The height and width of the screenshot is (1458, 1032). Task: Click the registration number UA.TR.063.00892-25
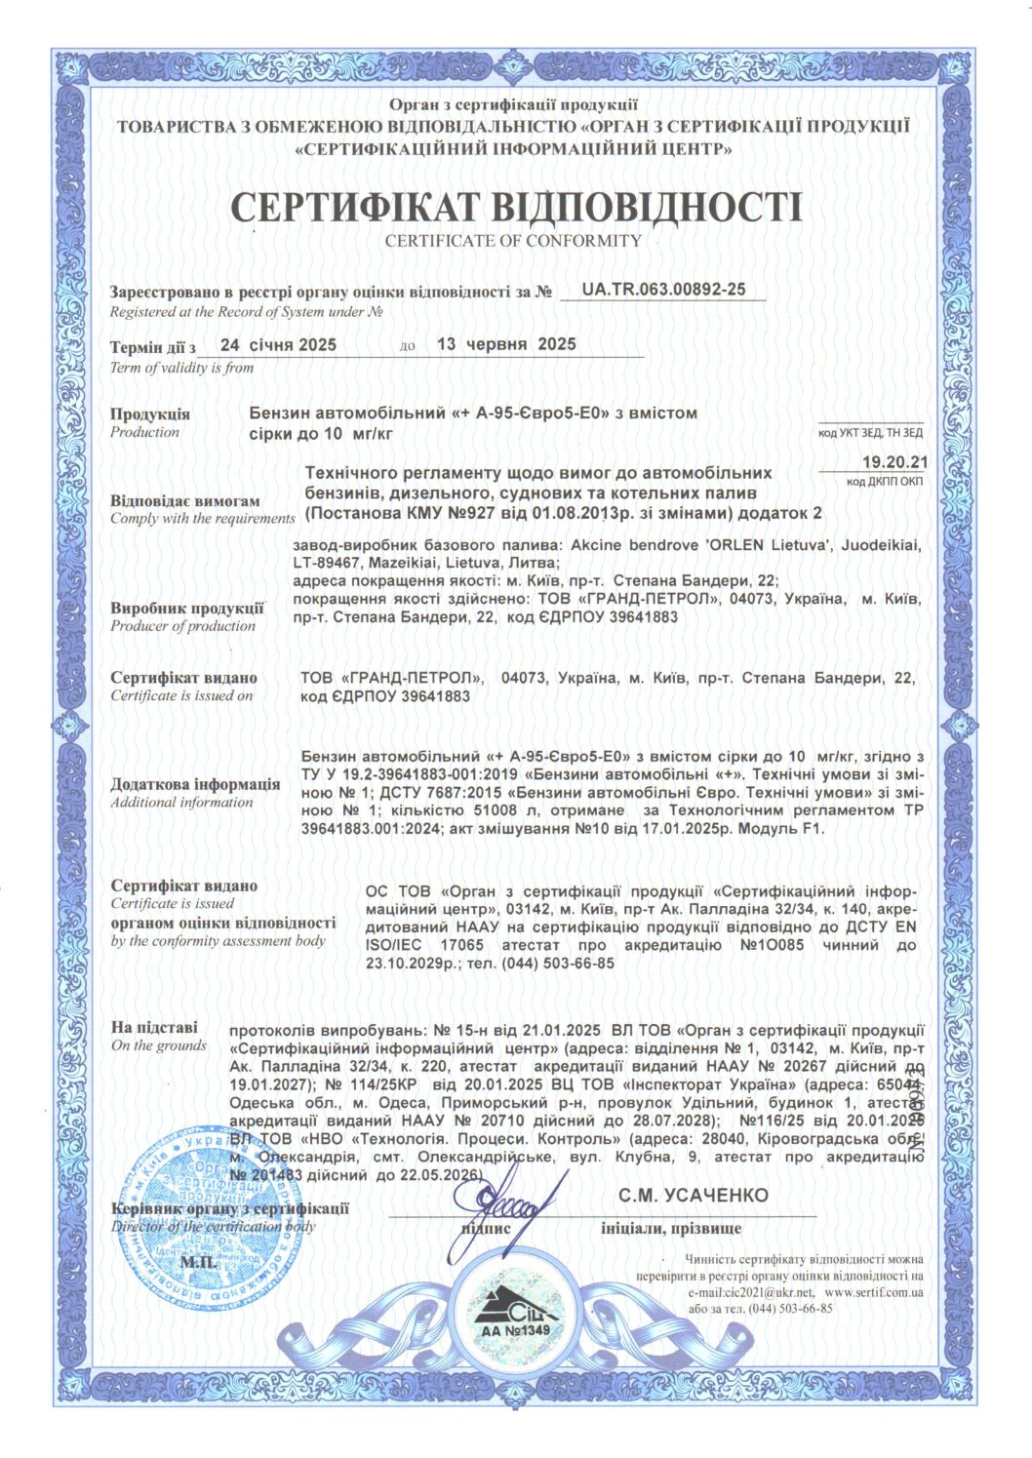663,290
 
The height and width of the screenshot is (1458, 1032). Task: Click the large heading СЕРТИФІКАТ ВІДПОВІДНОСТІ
515,207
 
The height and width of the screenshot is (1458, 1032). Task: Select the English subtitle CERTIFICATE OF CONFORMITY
513,240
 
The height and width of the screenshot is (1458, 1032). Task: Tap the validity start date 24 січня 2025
278,344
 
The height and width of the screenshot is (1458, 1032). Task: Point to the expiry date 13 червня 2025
506,344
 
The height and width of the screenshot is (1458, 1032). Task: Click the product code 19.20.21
895,461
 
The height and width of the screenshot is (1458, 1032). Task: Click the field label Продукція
150,414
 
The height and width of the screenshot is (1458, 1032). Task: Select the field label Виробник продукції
187,608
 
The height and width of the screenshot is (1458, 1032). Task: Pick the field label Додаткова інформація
195,784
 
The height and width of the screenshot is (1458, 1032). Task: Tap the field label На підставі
154,1027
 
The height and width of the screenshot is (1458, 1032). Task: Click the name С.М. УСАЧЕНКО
693,1195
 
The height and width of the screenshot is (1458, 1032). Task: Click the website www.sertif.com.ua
874,1291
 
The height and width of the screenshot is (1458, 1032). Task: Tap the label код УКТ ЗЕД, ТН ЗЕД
870,432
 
